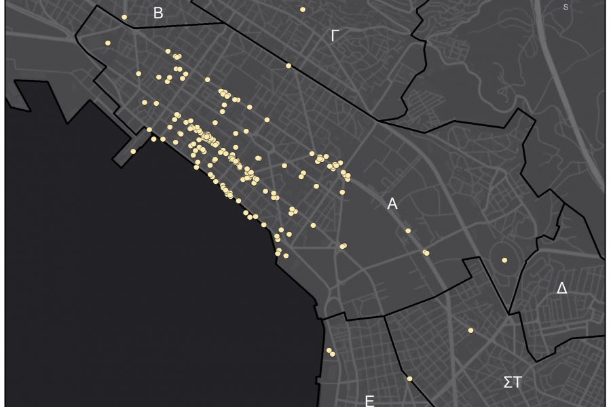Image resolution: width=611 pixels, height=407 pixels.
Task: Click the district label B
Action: point(158,14)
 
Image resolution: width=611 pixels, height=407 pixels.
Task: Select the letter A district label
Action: point(392,203)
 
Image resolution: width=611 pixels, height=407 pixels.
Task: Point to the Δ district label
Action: point(561,288)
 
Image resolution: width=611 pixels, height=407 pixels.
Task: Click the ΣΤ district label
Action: point(513,383)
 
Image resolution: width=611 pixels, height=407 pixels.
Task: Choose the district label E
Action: point(369,401)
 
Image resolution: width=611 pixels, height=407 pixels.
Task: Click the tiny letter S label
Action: point(566,7)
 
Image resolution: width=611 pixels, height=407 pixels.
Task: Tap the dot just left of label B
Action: point(124,18)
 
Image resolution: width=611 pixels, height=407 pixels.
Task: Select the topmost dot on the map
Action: point(303,9)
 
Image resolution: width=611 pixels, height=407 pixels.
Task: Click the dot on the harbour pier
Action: point(133,151)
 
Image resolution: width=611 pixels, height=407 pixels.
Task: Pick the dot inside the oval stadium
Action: point(504,260)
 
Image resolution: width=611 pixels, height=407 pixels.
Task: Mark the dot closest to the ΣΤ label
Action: point(470,330)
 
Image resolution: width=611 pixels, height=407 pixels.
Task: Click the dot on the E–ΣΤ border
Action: point(409,379)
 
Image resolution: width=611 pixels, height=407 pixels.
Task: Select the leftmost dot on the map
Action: point(108,43)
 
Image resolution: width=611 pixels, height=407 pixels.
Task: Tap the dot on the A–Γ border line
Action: point(289,66)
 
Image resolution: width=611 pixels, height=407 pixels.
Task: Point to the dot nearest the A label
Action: point(408,231)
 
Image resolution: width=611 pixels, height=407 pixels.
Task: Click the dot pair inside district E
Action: point(331,352)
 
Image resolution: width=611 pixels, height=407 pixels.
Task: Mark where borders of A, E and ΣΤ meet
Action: point(385,314)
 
